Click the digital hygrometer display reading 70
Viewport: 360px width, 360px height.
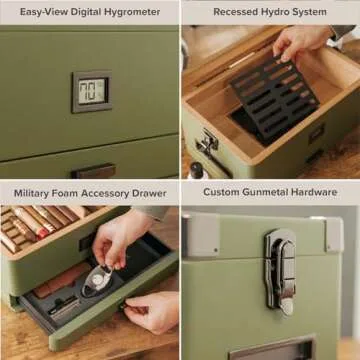click(91, 91)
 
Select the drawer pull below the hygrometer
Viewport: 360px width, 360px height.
click(92, 170)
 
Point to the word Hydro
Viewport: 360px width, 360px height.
click(283, 11)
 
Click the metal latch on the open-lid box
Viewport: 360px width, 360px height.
click(208, 143)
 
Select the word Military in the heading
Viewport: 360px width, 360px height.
click(36, 191)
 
